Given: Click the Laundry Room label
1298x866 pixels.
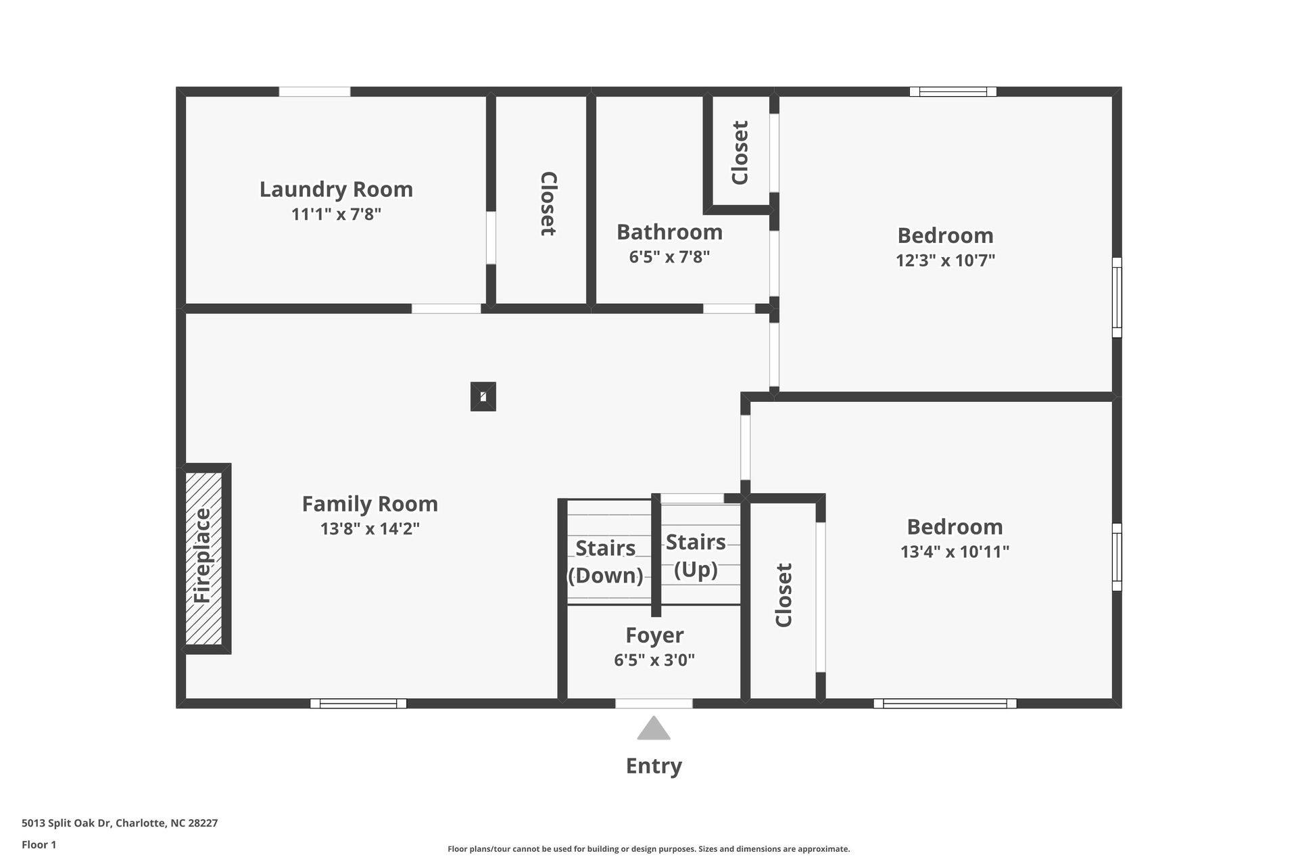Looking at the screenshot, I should coord(336,189).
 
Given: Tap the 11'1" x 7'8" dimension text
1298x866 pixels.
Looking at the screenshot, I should coord(336,214).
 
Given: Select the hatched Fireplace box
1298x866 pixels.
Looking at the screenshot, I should coord(203,557).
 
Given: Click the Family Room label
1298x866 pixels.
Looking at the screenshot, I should coord(370,504).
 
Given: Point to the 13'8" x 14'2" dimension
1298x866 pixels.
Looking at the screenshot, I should coord(370,528).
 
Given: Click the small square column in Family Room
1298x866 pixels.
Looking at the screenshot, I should coord(483,396).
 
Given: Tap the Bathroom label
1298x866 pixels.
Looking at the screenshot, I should coord(669,232).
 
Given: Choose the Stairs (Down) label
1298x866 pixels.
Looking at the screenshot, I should coord(605,561).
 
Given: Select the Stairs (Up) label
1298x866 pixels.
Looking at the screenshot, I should coord(696,555).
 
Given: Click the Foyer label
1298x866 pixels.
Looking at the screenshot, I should coord(654,635).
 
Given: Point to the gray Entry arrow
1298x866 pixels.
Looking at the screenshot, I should coord(654,729).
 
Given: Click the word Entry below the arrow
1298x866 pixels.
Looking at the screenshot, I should coord(654,766).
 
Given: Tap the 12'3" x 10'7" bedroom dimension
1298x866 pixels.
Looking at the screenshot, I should coord(945,260).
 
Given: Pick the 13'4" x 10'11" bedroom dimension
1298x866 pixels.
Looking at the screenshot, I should coord(955,551).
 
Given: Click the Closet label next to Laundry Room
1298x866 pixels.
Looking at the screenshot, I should coord(548,204).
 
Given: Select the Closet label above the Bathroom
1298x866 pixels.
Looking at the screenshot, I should coord(740,152).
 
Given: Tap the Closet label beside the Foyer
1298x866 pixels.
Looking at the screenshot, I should coord(784,595).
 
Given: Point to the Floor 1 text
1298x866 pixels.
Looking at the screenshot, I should coord(39,844).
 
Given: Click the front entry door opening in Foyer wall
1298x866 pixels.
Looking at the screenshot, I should coord(654,704).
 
